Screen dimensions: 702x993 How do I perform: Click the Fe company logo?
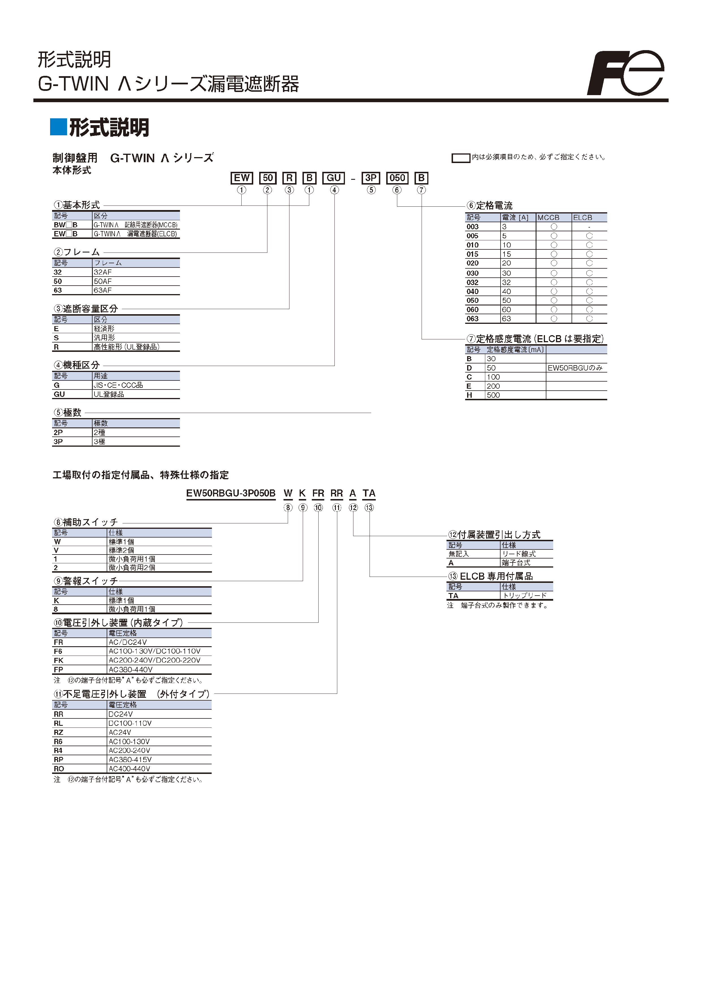tap(626, 73)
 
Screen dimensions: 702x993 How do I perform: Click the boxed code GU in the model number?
tap(334, 178)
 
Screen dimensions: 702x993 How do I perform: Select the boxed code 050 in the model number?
tap(397, 178)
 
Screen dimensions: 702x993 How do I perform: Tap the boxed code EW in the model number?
tap(242, 178)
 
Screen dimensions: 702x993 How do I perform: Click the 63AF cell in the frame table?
tap(103, 290)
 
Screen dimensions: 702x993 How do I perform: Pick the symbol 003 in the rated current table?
tap(473, 227)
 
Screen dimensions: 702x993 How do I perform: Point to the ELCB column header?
tap(583, 218)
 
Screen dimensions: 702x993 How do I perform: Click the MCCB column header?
tap(549, 218)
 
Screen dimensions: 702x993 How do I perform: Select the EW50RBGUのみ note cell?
tap(575, 368)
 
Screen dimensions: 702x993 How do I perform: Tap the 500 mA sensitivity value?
tap(493, 395)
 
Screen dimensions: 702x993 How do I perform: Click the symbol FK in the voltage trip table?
tap(58, 660)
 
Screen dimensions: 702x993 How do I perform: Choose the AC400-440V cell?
tap(129, 769)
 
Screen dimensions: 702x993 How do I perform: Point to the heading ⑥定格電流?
tap(490, 206)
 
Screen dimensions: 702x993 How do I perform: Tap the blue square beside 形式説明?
tap(58, 127)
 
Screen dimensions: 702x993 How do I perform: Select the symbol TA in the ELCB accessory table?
tap(453, 596)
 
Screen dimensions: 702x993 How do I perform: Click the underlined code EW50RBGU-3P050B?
tap(231, 493)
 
